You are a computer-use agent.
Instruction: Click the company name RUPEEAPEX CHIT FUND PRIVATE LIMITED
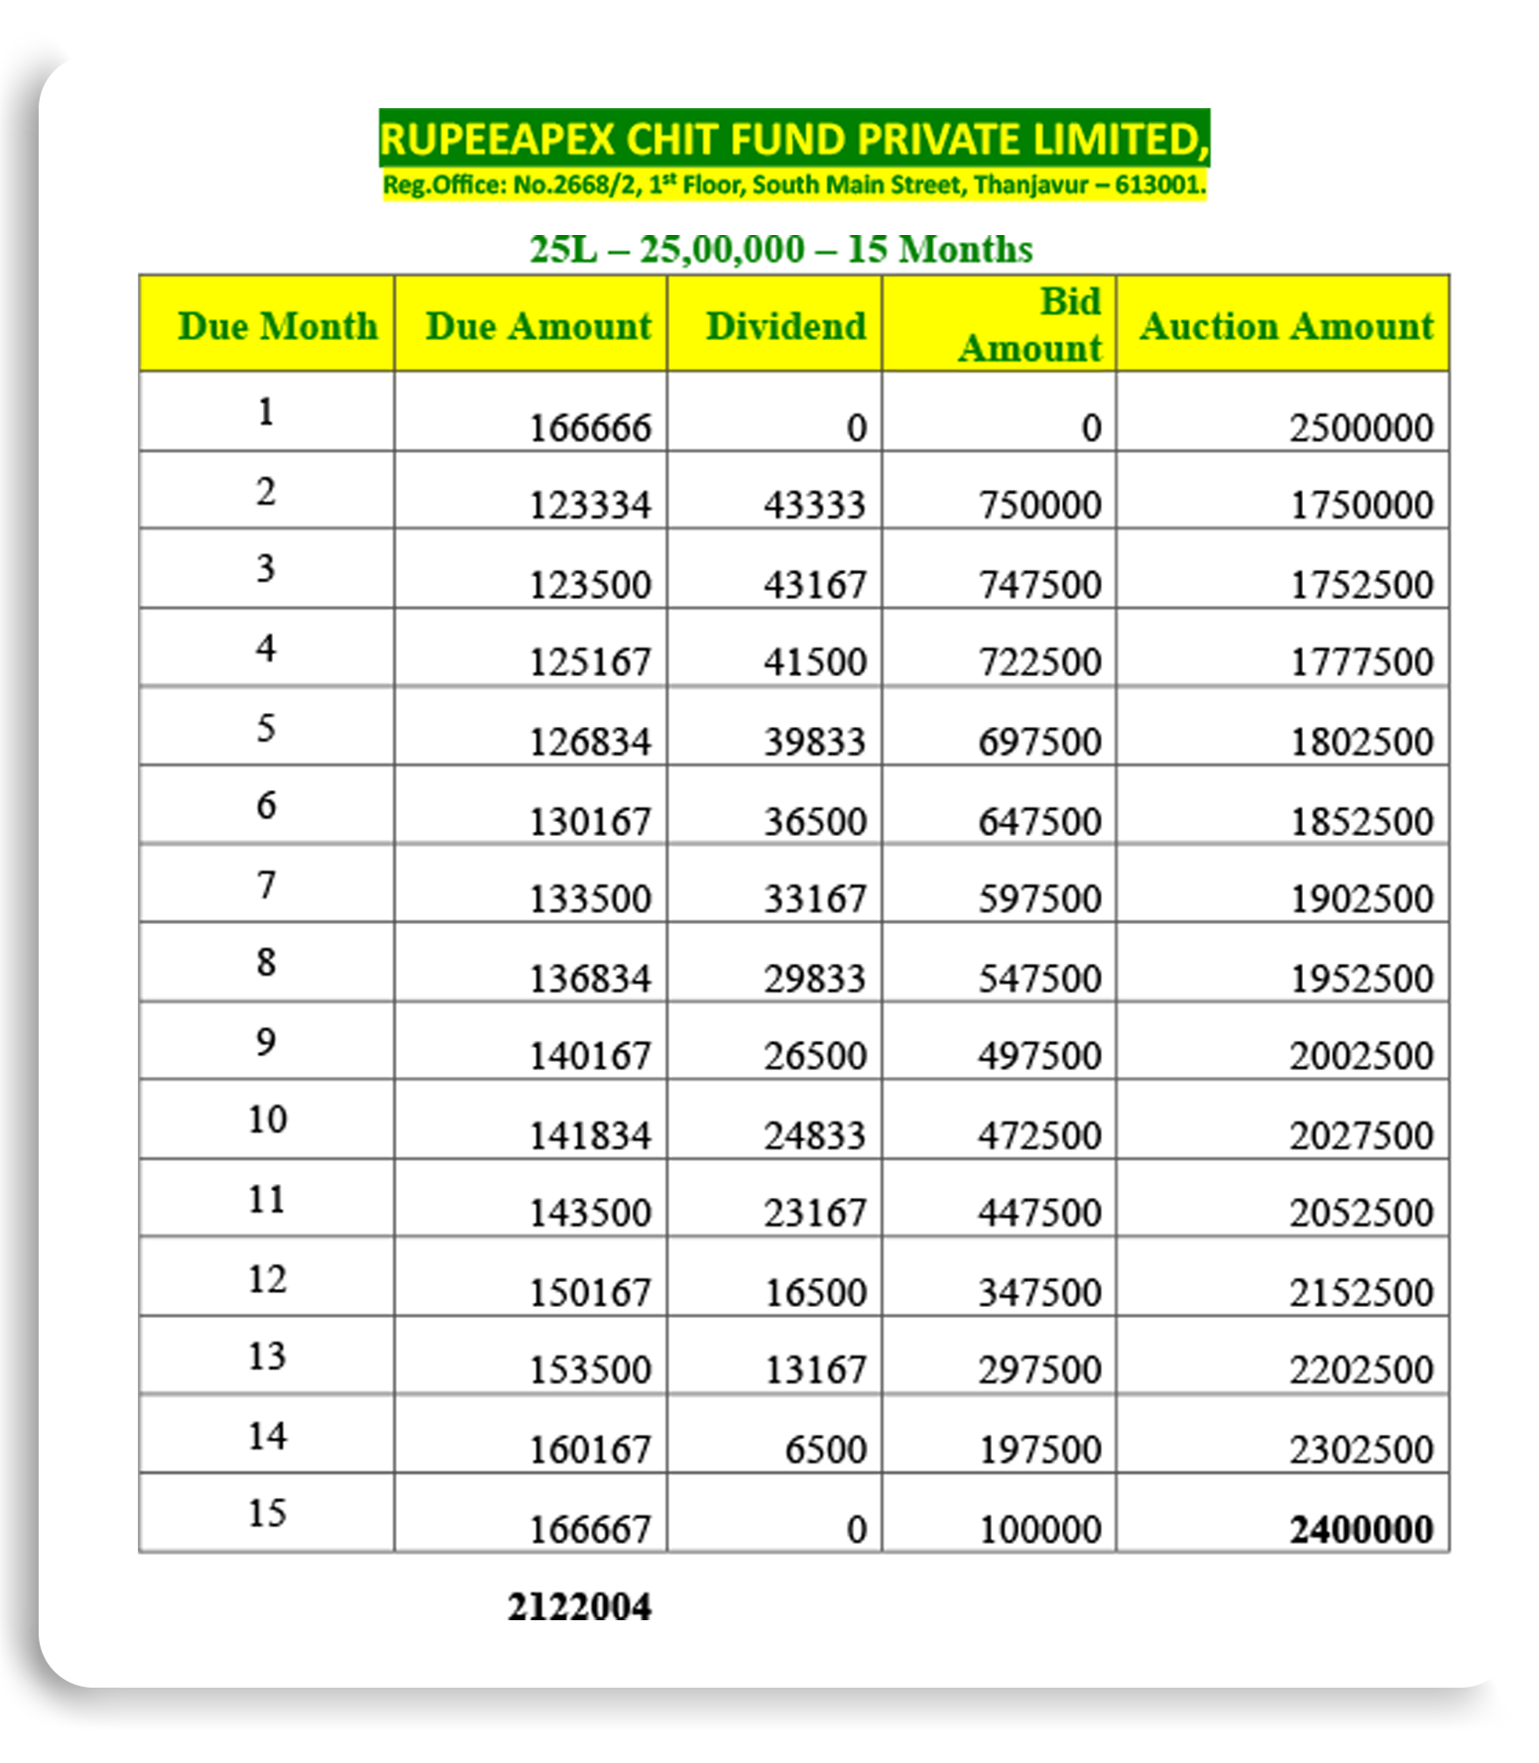click(x=793, y=139)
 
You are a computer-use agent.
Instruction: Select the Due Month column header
click(x=278, y=326)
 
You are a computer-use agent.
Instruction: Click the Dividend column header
click(x=785, y=326)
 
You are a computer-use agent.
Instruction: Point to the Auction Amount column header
click(x=1286, y=326)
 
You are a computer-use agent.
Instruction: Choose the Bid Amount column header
click(x=1030, y=325)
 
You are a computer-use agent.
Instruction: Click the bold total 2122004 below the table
click(x=579, y=1607)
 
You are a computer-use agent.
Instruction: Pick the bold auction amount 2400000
click(x=1361, y=1529)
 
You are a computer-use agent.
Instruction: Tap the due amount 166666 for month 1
click(x=590, y=428)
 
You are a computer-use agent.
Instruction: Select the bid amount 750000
click(x=1039, y=506)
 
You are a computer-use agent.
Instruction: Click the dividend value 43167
click(x=815, y=584)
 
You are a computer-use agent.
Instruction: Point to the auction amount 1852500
click(x=1361, y=822)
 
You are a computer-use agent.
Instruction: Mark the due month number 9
click(x=266, y=1042)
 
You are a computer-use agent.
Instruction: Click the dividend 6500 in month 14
click(x=825, y=1450)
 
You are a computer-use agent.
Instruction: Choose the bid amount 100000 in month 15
click(x=1039, y=1529)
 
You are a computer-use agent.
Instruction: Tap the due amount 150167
click(x=590, y=1293)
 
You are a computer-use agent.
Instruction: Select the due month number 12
click(x=267, y=1279)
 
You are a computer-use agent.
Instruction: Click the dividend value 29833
click(x=815, y=979)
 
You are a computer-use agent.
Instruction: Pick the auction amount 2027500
click(x=1361, y=1135)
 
